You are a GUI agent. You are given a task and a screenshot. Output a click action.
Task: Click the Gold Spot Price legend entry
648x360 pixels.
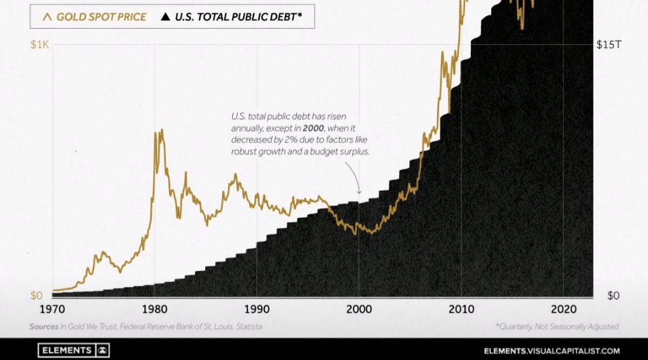(95, 17)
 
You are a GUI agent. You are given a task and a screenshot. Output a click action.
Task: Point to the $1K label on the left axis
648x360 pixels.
(41, 46)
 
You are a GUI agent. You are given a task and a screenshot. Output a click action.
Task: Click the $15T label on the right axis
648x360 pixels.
(608, 46)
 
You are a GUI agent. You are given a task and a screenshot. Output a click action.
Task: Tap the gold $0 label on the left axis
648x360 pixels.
(37, 296)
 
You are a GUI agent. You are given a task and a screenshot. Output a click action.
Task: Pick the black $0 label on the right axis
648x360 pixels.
(613, 296)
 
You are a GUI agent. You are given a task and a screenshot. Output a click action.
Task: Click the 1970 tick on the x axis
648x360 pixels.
(53, 310)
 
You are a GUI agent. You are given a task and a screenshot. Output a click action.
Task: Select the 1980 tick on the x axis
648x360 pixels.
(155, 310)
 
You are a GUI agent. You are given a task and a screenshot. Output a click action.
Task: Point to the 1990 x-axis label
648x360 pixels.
(257, 310)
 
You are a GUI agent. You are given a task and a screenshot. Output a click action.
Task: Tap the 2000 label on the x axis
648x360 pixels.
(359, 310)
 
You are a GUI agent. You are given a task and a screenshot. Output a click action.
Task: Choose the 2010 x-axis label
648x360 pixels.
(461, 310)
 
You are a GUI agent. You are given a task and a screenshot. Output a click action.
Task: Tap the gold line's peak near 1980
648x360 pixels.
(161, 130)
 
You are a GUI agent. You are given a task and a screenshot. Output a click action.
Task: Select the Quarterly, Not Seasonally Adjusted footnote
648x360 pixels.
(557, 327)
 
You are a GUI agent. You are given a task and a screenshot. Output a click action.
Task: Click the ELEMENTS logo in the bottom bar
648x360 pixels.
(73, 350)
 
